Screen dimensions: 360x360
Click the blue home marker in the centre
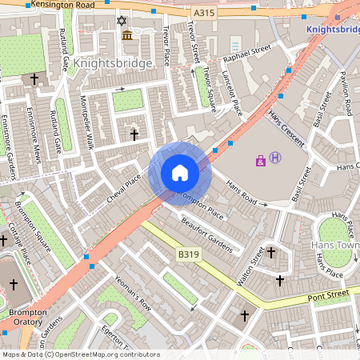[180, 172]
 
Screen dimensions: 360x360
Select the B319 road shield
[188, 254]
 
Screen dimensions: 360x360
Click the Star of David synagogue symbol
[122, 19]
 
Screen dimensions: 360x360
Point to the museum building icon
[127, 34]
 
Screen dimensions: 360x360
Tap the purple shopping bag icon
[261, 161]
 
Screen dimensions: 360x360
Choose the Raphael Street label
[247, 58]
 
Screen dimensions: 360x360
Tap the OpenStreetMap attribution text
[80, 354]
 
